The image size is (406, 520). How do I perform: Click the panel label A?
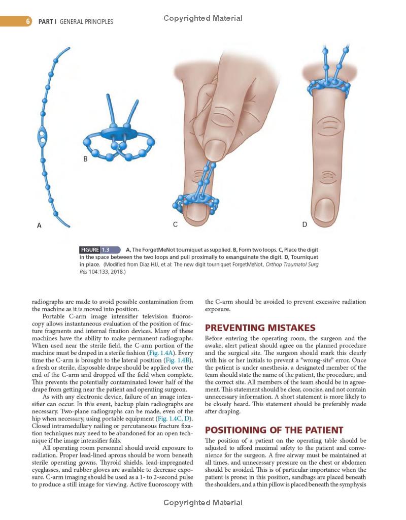pos(39,225)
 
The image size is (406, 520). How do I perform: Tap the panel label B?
pos(85,159)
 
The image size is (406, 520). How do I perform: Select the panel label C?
pos(175,224)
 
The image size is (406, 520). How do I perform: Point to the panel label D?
pos(304,224)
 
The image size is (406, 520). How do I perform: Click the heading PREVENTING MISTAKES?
pos(260,328)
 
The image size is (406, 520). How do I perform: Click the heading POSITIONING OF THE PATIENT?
pos(274,430)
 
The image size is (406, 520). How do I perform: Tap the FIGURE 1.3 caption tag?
pos(99,250)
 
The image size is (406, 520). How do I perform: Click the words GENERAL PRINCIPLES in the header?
pos(86,22)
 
